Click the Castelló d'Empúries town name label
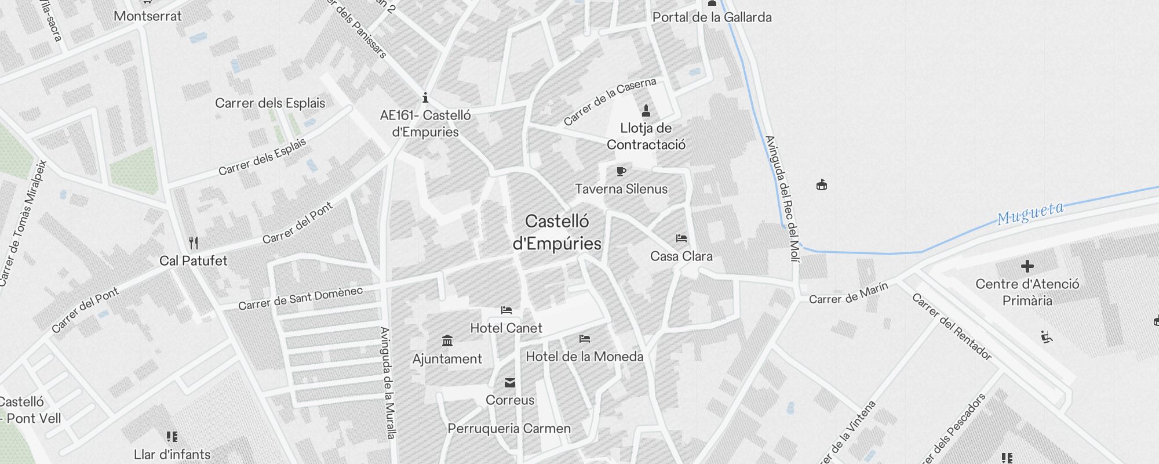tap(557, 232)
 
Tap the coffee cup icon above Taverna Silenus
tap(621, 172)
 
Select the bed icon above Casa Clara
tap(681, 238)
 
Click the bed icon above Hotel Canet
tap(506, 310)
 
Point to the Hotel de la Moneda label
tap(584, 356)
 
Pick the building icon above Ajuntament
tap(447, 340)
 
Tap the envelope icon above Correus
tap(510, 383)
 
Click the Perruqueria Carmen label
tap(509, 429)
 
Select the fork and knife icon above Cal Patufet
tap(194, 243)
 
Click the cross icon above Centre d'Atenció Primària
tap(1027, 266)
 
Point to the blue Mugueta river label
tap(1030, 213)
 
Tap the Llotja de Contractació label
tap(646, 136)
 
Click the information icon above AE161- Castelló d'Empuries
tap(425, 97)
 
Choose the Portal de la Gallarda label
tap(712, 17)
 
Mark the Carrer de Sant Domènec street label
tap(300, 298)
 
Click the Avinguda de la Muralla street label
tap(388, 383)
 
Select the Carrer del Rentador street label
tap(952, 327)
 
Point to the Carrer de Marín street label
tap(848, 294)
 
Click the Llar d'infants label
tap(172, 454)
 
